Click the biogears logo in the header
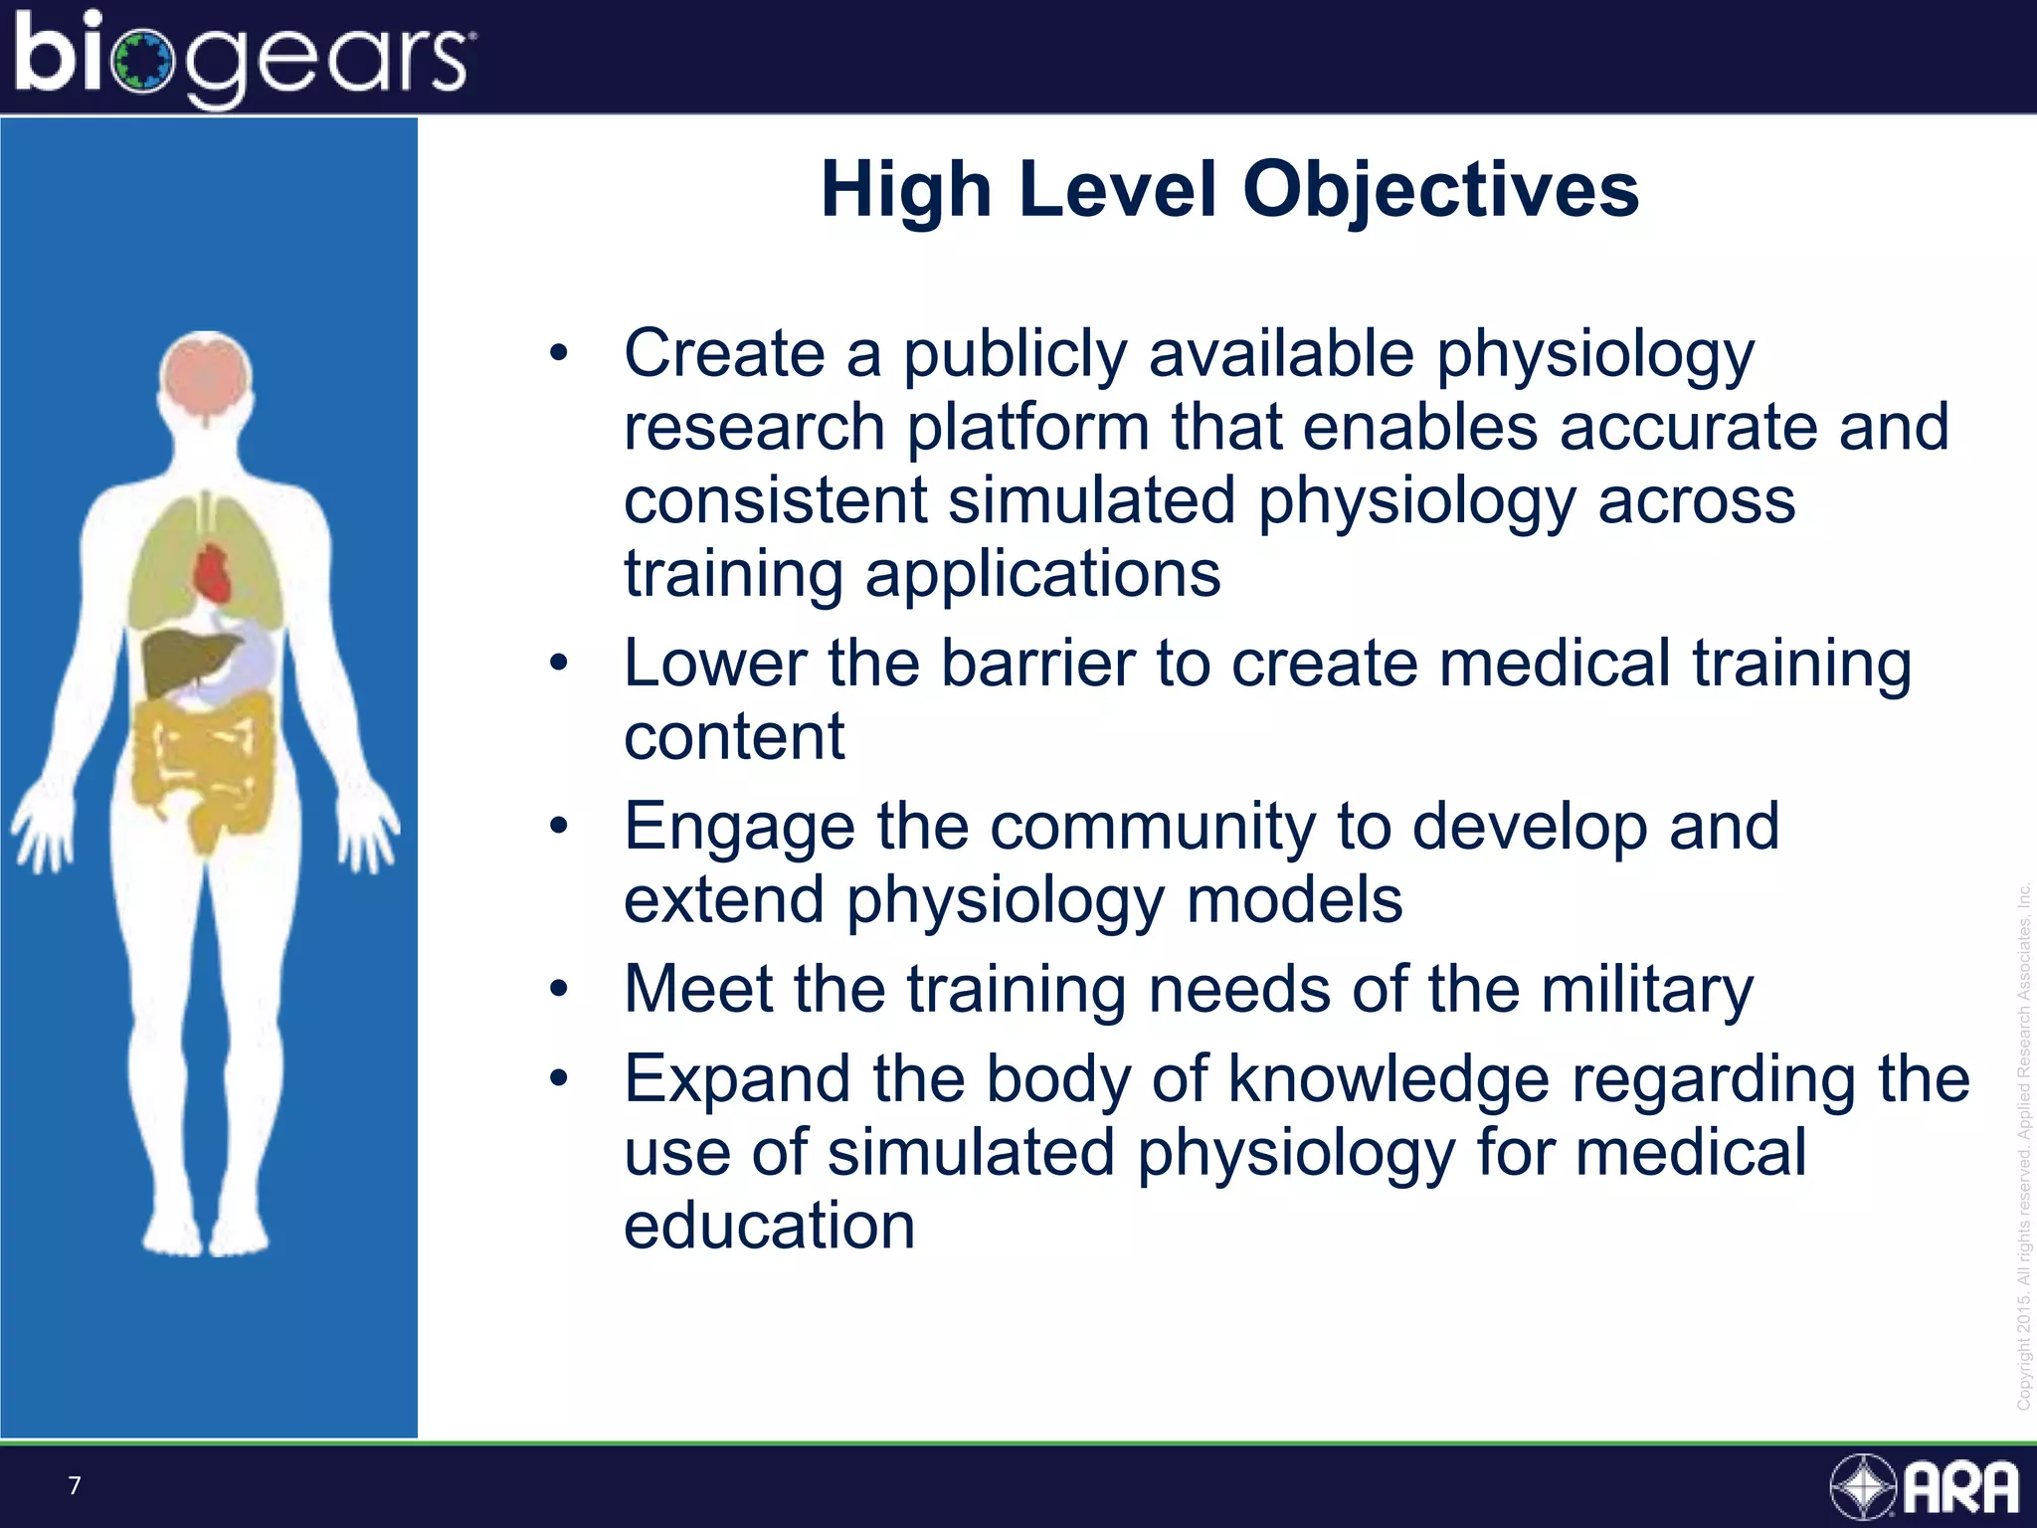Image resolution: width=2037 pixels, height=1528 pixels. point(244,58)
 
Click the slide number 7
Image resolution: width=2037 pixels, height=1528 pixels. point(75,1486)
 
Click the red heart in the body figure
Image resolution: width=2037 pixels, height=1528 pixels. point(212,574)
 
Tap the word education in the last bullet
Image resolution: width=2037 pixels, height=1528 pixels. point(769,1226)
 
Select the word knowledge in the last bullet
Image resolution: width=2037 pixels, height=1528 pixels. point(1389,1079)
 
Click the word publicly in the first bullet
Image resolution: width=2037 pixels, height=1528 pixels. point(1015,354)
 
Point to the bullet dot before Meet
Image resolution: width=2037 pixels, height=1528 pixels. point(559,990)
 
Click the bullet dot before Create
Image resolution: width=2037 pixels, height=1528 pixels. point(559,353)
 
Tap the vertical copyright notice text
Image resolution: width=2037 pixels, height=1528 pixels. point(2023,1144)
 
